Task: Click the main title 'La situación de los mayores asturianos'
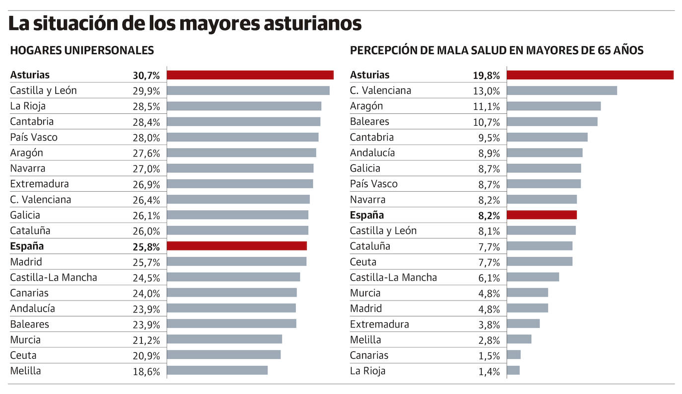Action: click(x=185, y=23)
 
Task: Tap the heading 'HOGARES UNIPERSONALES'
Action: click(x=82, y=50)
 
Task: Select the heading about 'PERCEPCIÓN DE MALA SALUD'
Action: click(x=496, y=50)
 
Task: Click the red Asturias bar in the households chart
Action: click(x=250, y=75)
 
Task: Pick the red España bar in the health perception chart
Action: click(x=542, y=215)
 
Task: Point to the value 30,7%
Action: click(x=146, y=76)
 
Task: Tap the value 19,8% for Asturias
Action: click(x=486, y=76)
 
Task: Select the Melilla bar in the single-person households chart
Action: click(x=217, y=371)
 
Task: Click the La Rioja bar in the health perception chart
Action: click(x=513, y=371)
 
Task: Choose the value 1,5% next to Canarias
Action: click(x=489, y=356)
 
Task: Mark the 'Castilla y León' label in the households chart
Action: click(x=43, y=90)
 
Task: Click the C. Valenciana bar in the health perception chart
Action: click(x=562, y=90)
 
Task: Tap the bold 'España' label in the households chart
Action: click(x=27, y=246)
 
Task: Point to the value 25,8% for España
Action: click(x=146, y=246)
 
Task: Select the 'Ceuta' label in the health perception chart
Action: click(x=363, y=261)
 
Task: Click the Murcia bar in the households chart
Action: click(x=224, y=339)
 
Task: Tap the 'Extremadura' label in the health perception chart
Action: click(x=379, y=324)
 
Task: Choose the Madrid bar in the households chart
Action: click(x=236, y=261)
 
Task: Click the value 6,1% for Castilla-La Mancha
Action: click(x=489, y=278)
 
